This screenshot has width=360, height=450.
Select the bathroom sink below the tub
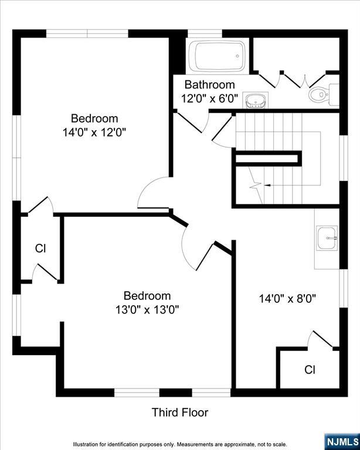(x=255, y=100)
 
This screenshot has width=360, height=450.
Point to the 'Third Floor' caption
(x=180, y=412)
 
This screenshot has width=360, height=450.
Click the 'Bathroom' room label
(x=209, y=84)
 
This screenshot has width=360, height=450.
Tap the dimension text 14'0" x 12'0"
(x=94, y=132)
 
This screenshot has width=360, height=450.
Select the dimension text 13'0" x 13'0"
(x=147, y=309)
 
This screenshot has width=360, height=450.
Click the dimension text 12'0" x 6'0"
(x=209, y=98)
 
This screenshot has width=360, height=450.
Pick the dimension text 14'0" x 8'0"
(x=287, y=298)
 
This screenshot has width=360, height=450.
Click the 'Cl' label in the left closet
(x=40, y=248)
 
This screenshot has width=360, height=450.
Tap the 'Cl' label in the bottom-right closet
(x=310, y=370)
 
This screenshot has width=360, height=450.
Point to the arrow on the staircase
(x=267, y=185)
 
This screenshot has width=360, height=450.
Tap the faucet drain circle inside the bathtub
(x=237, y=56)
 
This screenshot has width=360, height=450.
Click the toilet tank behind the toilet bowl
(x=334, y=94)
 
